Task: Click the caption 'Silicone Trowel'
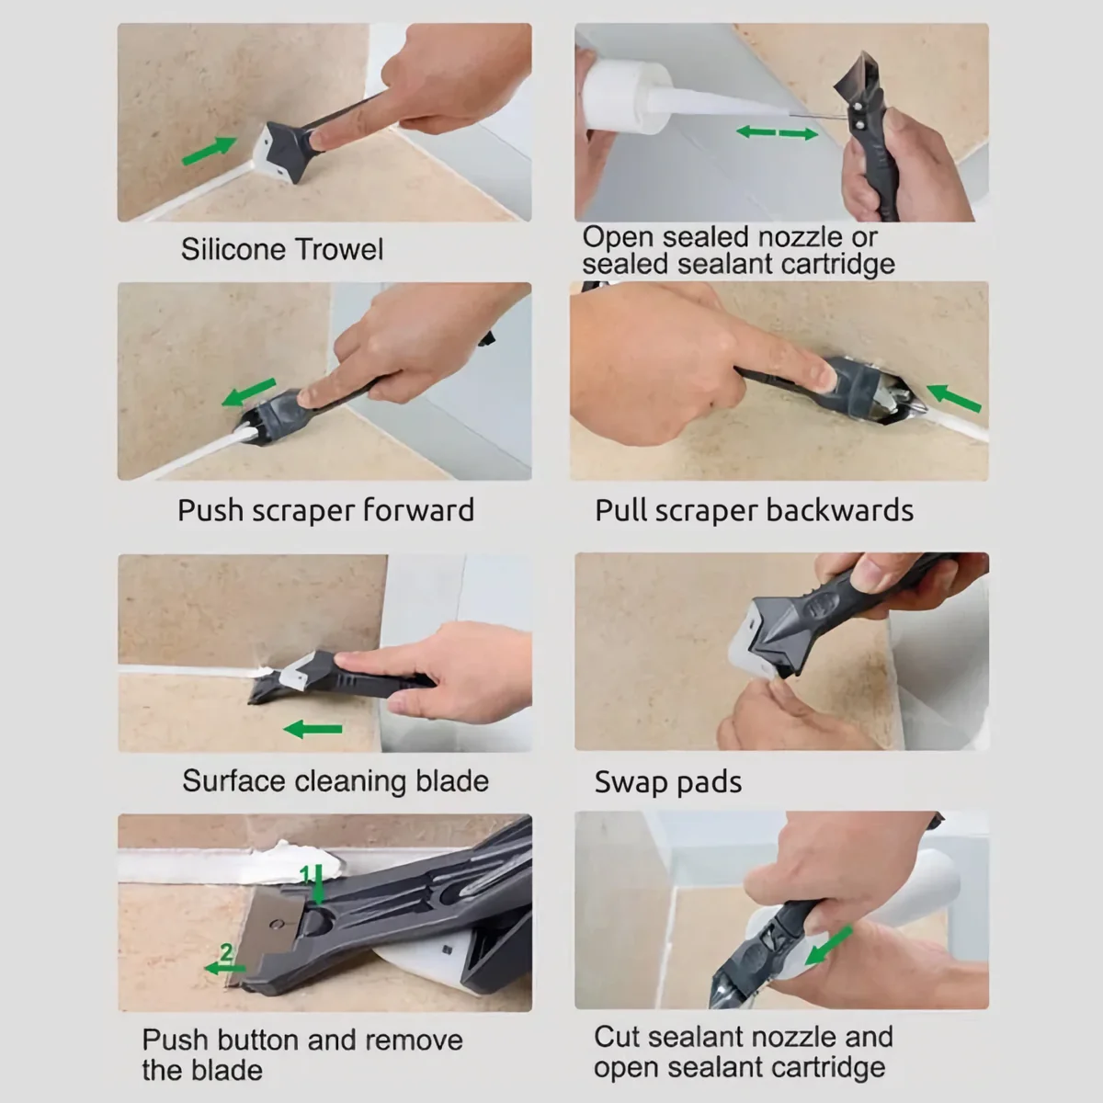coord(282,249)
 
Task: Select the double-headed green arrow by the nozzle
coord(777,133)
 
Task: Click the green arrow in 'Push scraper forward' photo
coord(248,392)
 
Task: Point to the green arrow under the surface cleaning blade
coord(313,729)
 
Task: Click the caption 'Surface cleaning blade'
coord(335,781)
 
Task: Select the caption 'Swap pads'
coord(668,782)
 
